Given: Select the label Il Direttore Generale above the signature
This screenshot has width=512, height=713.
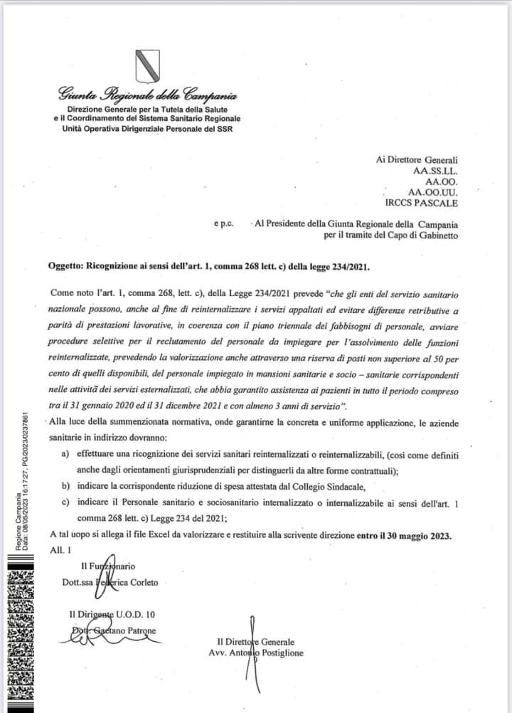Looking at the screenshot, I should [257, 641].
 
